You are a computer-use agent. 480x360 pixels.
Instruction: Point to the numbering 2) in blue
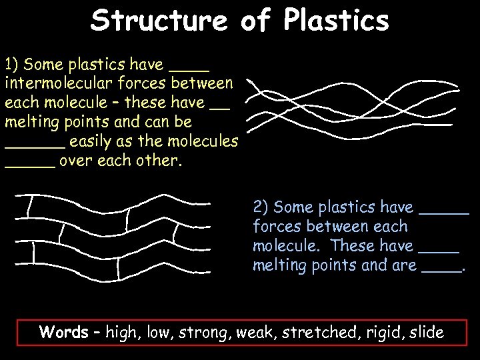[261, 207]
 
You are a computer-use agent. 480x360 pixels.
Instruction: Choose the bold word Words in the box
[64, 332]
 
